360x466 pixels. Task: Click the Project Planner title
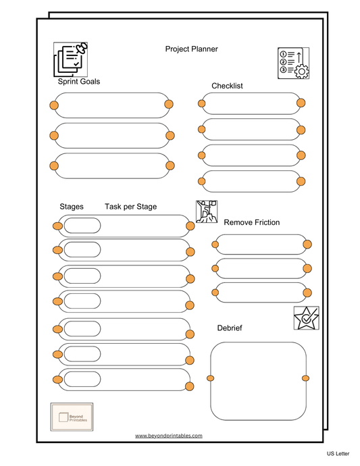tap(191, 49)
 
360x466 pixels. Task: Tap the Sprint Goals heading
tap(78, 82)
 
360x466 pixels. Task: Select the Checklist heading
tap(227, 86)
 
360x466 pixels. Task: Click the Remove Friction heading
tap(251, 222)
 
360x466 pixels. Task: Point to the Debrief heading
tap(230, 328)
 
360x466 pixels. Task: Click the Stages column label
tap(72, 207)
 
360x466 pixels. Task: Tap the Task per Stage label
tap(130, 207)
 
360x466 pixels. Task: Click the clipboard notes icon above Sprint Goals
tap(71, 59)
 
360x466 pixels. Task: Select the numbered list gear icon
tap(293, 63)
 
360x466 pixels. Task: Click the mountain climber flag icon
tap(207, 212)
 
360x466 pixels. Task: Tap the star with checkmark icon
tap(306, 318)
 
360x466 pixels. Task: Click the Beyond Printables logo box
tap(72, 415)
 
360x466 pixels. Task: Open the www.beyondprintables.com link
tap(169, 436)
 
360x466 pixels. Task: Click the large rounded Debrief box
tap(258, 381)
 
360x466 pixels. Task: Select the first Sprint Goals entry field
tap(111, 105)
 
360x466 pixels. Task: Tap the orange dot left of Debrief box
tap(210, 378)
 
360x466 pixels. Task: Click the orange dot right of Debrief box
tap(305, 378)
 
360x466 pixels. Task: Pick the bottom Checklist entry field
tap(251, 181)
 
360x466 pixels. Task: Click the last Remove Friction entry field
tap(261, 292)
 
